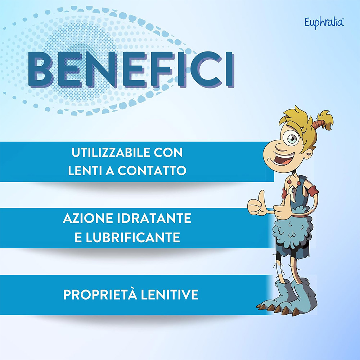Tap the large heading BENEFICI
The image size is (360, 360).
pyautogui.click(x=131, y=70)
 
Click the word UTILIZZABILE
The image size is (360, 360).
pyautogui.click(x=111, y=152)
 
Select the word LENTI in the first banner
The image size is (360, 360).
pyautogui.click(x=85, y=171)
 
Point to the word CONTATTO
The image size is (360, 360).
pyautogui.click(x=152, y=171)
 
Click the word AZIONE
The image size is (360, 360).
pyautogui.click(x=88, y=218)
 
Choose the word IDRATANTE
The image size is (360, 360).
pyautogui.click(x=154, y=218)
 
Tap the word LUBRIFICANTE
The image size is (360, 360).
pyautogui.click(x=133, y=237)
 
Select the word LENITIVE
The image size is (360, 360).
pyautogui.click(x=170, y=294)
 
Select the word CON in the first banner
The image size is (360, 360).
pyautogui.click(x=168, y=152)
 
